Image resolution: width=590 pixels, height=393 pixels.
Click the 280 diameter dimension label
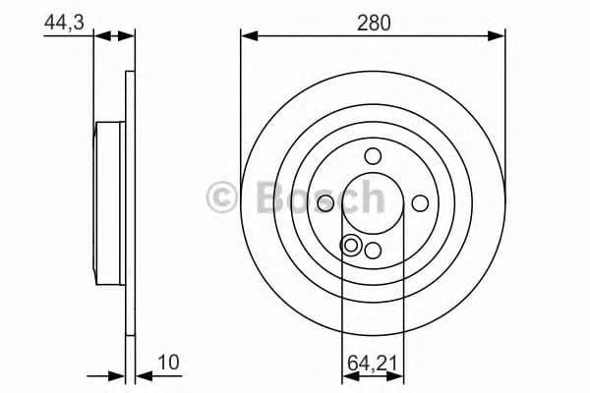point(373,22)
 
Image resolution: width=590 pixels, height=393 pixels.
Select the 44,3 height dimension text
point(61,22)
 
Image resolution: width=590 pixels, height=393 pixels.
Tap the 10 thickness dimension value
point(169,363)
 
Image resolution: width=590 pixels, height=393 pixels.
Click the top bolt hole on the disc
point(373,155)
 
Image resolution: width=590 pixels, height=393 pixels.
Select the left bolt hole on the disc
point(325,202)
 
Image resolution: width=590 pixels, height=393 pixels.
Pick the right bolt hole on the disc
point(420,202)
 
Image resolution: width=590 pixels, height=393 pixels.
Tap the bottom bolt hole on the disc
point(373,250)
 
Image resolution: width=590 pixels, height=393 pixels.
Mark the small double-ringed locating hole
point(350,245)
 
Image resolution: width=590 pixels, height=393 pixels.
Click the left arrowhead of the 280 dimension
point(247,36)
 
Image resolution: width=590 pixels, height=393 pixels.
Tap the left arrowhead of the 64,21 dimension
point(347,376)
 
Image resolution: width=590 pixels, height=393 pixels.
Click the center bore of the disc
point(373,202)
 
